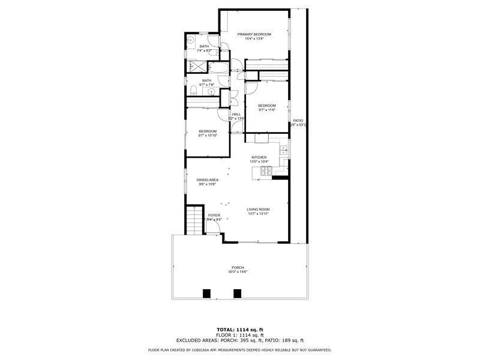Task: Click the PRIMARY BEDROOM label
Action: tap(254, 34)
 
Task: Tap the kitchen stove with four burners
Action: tap(264, 172)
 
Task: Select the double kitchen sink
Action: tap(283, 150)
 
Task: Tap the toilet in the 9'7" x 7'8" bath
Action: tap(191, 91)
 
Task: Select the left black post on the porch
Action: tap(206, 293)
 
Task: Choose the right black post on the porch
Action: tap(237, 293)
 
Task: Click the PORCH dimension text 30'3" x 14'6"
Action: tap(238, 272)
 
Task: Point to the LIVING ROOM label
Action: tap(258, 209)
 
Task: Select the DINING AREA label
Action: tap(207, 179)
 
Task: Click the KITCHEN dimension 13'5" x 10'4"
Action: tap(259, 161)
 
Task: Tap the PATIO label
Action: tap(298, 121)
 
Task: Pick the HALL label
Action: tap(236, 114)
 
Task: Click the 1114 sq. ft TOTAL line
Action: tap(239, 329)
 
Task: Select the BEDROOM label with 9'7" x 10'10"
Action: tap(208, 131)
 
